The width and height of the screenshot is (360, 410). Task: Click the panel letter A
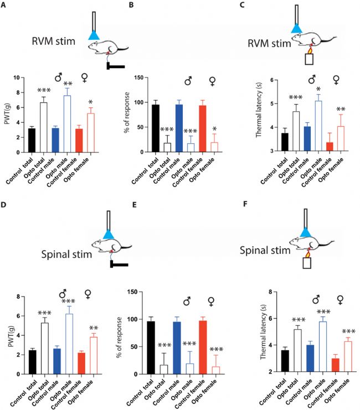5,6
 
